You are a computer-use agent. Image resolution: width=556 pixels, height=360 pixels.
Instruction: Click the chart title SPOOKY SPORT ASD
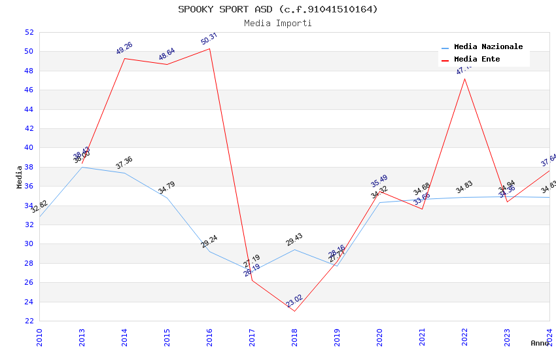pyautogui.click(x=278, y=9)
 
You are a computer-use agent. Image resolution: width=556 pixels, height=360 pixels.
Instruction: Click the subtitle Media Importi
pyautogui.click(x=278, y=23)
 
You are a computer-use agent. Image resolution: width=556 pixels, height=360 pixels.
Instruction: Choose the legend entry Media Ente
pyautogui.click(x=477, y=60)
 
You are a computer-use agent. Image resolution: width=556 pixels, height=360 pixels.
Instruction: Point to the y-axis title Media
pyautogui.click(x=20, y=177)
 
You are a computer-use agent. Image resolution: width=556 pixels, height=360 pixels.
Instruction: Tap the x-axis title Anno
pyautogui.click(x=540, y=343)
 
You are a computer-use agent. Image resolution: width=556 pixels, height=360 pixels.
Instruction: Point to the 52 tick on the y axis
pyautogui.click(x=29, y=32)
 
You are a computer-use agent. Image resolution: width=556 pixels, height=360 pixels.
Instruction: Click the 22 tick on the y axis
pyautogui.click(x=29, y=321)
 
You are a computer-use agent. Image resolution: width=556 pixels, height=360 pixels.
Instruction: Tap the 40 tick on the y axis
pyautogui.click(x=29, y=148)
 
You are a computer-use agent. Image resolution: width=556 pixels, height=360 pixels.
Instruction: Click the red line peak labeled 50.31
pyautogui.click(x=209, y=48)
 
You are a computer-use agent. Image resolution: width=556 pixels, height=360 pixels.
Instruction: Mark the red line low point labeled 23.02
pyautogui.click(x=294, y=311)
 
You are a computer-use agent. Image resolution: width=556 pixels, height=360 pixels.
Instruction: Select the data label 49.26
pyautogui.click(x=124, y=48)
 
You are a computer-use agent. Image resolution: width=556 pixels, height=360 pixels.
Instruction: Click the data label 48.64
pyautogui.click(x=167, y=54)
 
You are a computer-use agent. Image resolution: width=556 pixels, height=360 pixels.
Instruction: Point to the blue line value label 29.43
pyautogui.click(x=294, y=240)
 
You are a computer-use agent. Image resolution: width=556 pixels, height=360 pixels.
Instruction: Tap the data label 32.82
pyautogui.click(x=39, y=207)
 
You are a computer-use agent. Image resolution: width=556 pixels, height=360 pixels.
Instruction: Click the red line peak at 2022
pyautogui.click(x=464, y=79)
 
